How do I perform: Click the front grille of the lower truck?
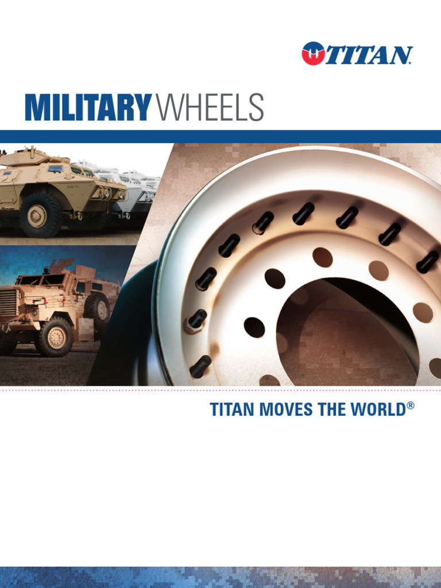tap(7, 301)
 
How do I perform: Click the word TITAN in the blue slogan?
tap(228, 410)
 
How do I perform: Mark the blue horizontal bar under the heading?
tap(220, 136)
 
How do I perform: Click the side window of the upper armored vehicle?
tap(56, 169)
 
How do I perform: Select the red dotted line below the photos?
tap(220, 389)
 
